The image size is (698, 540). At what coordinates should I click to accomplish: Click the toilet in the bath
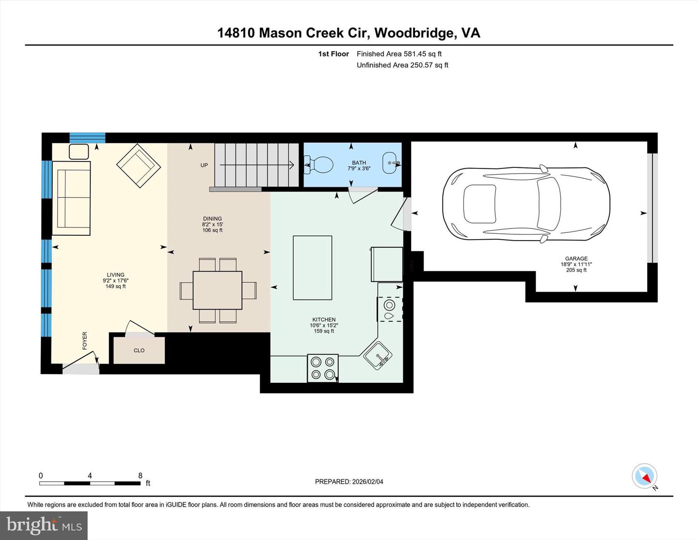[319, 165]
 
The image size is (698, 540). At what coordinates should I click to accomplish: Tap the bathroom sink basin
[391, 163]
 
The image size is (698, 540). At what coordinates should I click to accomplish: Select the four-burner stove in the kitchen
[323, 368]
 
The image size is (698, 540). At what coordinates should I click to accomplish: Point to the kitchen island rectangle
[313, 267]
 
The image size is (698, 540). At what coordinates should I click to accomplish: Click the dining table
[218, 290]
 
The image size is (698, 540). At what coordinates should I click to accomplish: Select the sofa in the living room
[74, 198]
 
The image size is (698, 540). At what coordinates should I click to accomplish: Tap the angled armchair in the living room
[139, 165]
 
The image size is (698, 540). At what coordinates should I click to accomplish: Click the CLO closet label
[139, 350]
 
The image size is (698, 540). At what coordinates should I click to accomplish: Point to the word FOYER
[85, 341]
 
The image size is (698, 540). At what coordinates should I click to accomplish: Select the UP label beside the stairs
[204, 165]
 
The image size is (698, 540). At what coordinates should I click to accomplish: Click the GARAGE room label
[576, 259]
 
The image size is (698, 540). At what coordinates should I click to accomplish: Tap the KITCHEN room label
[324, 320]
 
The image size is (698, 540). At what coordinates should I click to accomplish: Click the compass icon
[645, 476]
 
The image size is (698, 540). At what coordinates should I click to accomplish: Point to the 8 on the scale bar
[141, 475]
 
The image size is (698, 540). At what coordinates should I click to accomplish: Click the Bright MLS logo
[44, 525]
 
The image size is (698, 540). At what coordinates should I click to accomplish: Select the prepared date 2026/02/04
[366, 482]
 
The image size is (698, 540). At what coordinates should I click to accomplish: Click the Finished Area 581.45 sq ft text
[399, 54]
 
